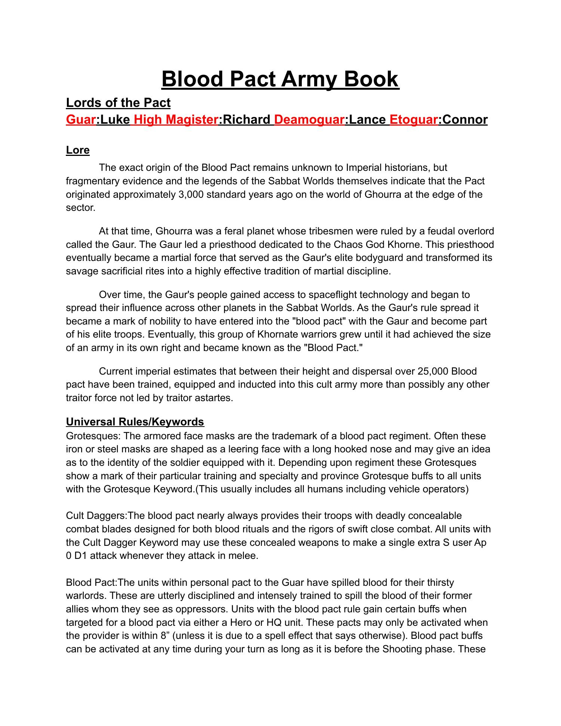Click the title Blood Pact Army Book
[280, 79]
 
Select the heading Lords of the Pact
[118, 103]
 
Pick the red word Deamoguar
[309, 120]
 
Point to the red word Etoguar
[413, 120]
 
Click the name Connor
[464, 120]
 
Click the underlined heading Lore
[78, 150]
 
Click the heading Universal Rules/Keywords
[135, 422]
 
